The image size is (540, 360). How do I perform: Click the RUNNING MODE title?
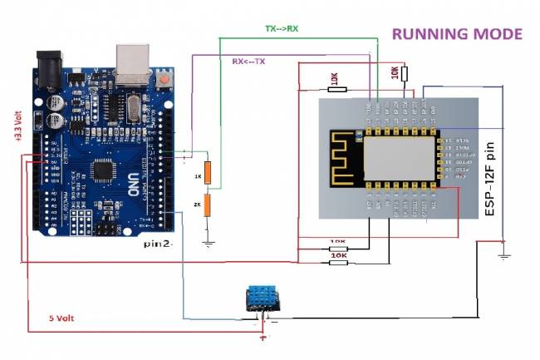click(457, 35)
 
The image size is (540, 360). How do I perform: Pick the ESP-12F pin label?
click(491, 180)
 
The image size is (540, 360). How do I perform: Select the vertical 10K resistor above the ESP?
click(405, 74)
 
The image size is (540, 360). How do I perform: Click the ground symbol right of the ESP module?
click(503, 254)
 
